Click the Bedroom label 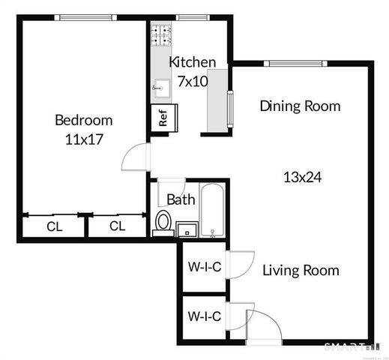pos(83,120)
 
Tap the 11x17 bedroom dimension pos(83,138)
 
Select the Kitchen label pos(193,62)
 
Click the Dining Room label pos(300,106)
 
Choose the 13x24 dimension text pos(303,178)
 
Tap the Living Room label pos(301,270)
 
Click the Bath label pos(181,199)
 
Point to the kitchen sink pos(160,88)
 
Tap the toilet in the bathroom pos(163,222)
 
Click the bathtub pos(212,210)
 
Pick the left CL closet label pos(54,226)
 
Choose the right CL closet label pos(117,226)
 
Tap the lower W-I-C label pos(203,316)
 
